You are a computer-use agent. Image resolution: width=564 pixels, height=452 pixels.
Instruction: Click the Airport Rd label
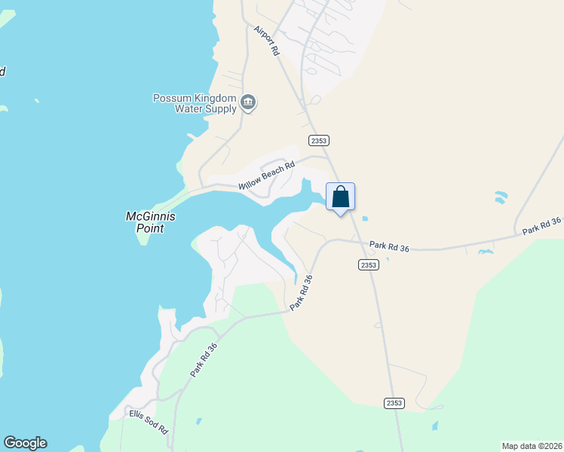267,41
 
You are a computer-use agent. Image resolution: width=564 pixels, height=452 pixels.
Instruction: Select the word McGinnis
150,216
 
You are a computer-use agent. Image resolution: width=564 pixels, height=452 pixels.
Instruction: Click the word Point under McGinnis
150,228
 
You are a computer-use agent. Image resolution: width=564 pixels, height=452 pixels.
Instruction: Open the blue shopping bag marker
340,197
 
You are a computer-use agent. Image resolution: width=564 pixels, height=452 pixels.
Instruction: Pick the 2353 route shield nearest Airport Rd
319,141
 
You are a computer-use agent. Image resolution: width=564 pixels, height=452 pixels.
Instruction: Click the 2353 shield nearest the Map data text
394,403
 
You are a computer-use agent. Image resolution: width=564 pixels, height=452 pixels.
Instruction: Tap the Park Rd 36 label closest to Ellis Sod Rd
204,360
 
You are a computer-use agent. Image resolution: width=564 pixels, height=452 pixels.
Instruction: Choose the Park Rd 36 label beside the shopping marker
389,246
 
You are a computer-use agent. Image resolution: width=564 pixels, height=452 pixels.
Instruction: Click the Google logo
25,443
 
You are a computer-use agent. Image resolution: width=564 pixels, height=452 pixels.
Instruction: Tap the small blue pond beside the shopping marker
365,219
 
